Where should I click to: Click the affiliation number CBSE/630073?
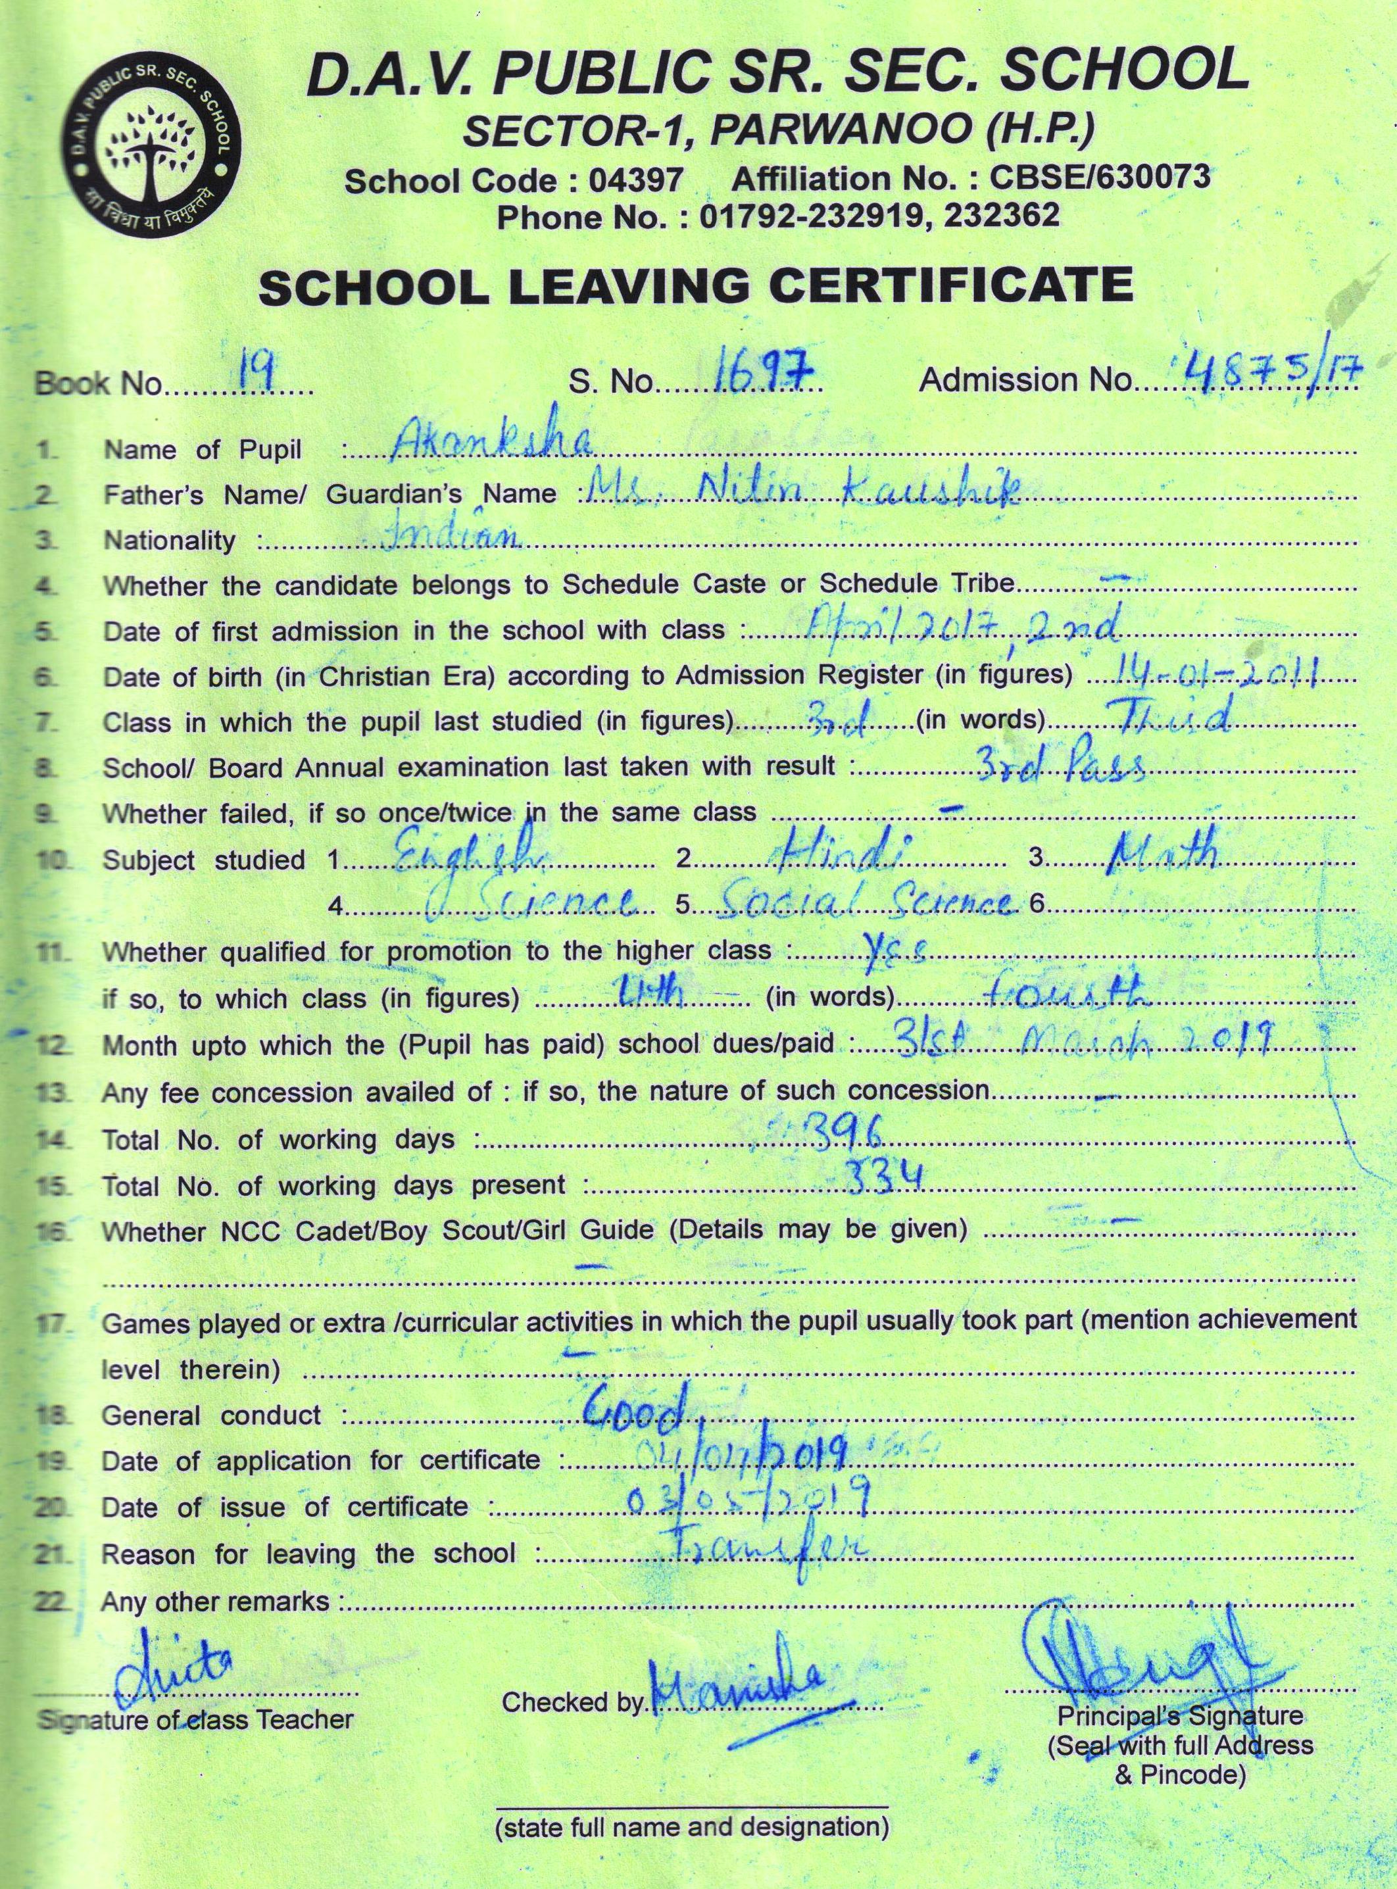pos(1098,178)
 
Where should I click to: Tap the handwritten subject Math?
pos(1163,850)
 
